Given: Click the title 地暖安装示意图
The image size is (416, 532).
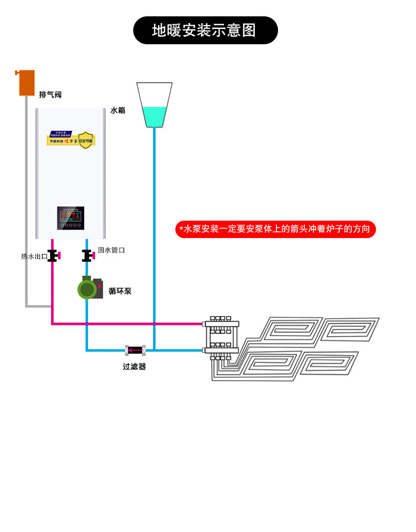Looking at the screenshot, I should (x=204, y=31).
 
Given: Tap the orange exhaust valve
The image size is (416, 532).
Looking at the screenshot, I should (x=26, y=83).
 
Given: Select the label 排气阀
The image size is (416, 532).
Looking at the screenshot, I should (x=50, y=95).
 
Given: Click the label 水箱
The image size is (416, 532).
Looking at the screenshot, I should (x=117, y=111).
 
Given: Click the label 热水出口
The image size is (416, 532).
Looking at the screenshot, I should (x=34, y=257).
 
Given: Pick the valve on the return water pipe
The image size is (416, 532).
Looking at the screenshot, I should (x=87, y=255).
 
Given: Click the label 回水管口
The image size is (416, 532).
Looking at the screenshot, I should (x=111, y=250).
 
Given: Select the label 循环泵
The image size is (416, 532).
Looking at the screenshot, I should (x=120, y=291).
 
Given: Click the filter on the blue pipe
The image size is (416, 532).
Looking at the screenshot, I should (x=135, y=350).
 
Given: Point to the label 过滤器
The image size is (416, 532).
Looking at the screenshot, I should (x=134, y=367).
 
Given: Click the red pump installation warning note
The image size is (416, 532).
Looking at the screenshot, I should (x=275, y=229).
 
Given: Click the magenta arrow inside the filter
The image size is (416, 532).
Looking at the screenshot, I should (x=135, y=350).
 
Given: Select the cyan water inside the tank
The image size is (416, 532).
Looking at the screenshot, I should (x=154, y=116).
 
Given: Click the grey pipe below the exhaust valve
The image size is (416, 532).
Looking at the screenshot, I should (x=26, y=200).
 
